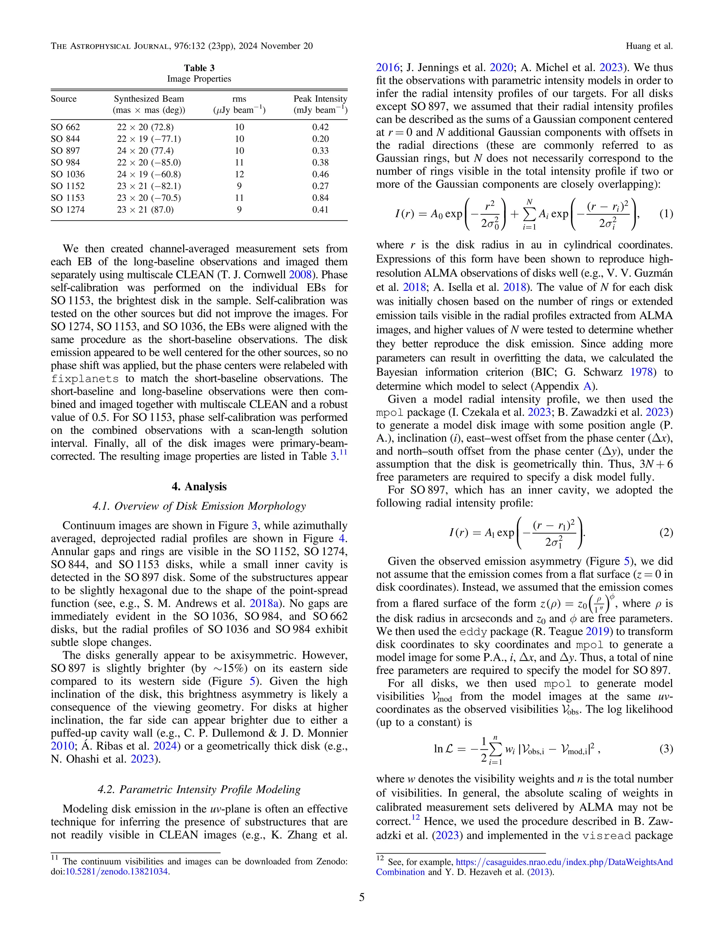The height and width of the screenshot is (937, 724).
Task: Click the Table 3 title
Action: tap(199, 68)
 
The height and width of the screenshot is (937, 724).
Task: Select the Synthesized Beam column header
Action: tap(149, 99)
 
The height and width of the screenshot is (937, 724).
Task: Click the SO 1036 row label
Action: tap(68, 174)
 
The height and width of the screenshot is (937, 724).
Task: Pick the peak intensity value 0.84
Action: tap(320, 198)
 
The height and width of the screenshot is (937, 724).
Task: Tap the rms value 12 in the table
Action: tap(239, 174)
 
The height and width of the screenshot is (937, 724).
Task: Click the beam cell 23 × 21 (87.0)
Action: tap(145, 210)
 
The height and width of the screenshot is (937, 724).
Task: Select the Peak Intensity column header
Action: tap(320, 99)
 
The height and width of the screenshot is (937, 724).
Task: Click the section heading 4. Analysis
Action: tap(199, 487)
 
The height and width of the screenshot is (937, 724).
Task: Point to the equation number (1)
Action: tap(666, 214)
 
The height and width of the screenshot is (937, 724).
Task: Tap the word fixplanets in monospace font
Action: tap(84, 379)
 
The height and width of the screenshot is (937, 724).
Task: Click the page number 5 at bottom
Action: tap(362, 897)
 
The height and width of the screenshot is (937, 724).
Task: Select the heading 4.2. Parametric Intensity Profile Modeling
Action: tap(199, 790)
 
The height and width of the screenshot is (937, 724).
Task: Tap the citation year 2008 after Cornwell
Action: tap(300, 275)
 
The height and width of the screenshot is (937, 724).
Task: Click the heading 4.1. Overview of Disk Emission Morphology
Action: tap(199, 506)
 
